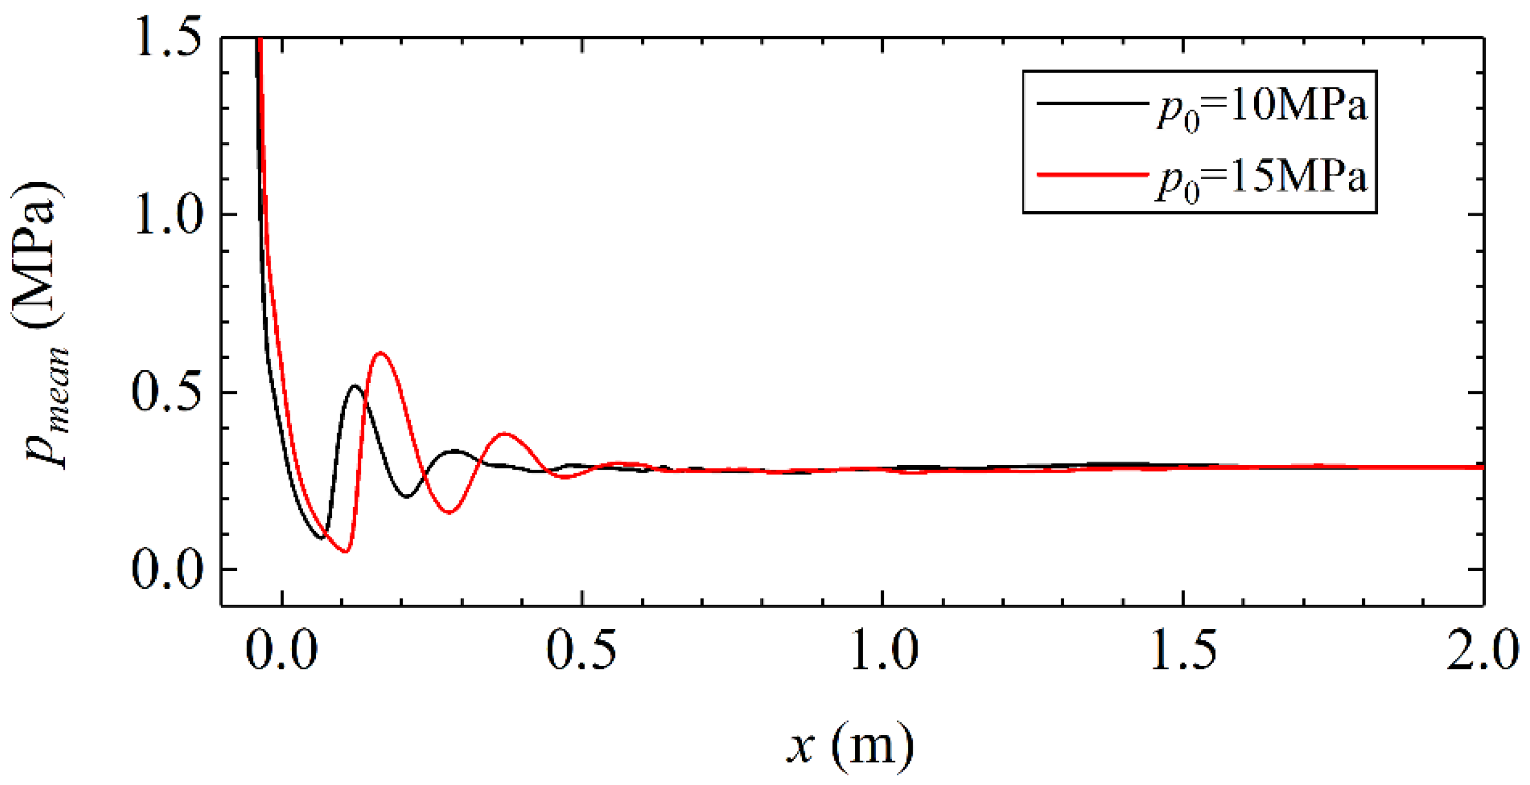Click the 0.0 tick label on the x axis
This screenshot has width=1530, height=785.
pyautogui.click(x=281, y=648)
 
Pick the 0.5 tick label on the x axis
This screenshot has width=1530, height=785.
pyautogui.click(x=582, y=648)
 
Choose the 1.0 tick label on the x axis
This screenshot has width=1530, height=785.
pyautogui.click(x=883, y=648)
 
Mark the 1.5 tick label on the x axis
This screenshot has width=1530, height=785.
pyautogui.click(x=1184, y=648)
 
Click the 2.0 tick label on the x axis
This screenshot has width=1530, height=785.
pyautogui.click(x=1482, y=648)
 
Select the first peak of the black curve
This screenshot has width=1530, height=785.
pyautogui.click(x=354, y=386)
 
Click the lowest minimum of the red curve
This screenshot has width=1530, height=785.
pyautogui.click(x=345, y=552)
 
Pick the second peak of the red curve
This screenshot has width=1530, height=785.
pyautogui.click(x=505, y=434)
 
